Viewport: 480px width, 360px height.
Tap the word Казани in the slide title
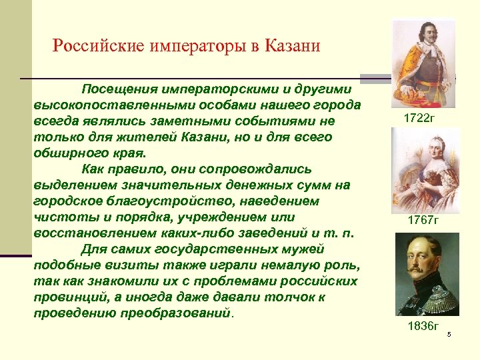point(291,46)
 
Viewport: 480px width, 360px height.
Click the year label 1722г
point(419,118)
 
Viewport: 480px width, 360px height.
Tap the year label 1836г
point(423,325)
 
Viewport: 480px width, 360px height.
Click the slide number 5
point(449,334)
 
